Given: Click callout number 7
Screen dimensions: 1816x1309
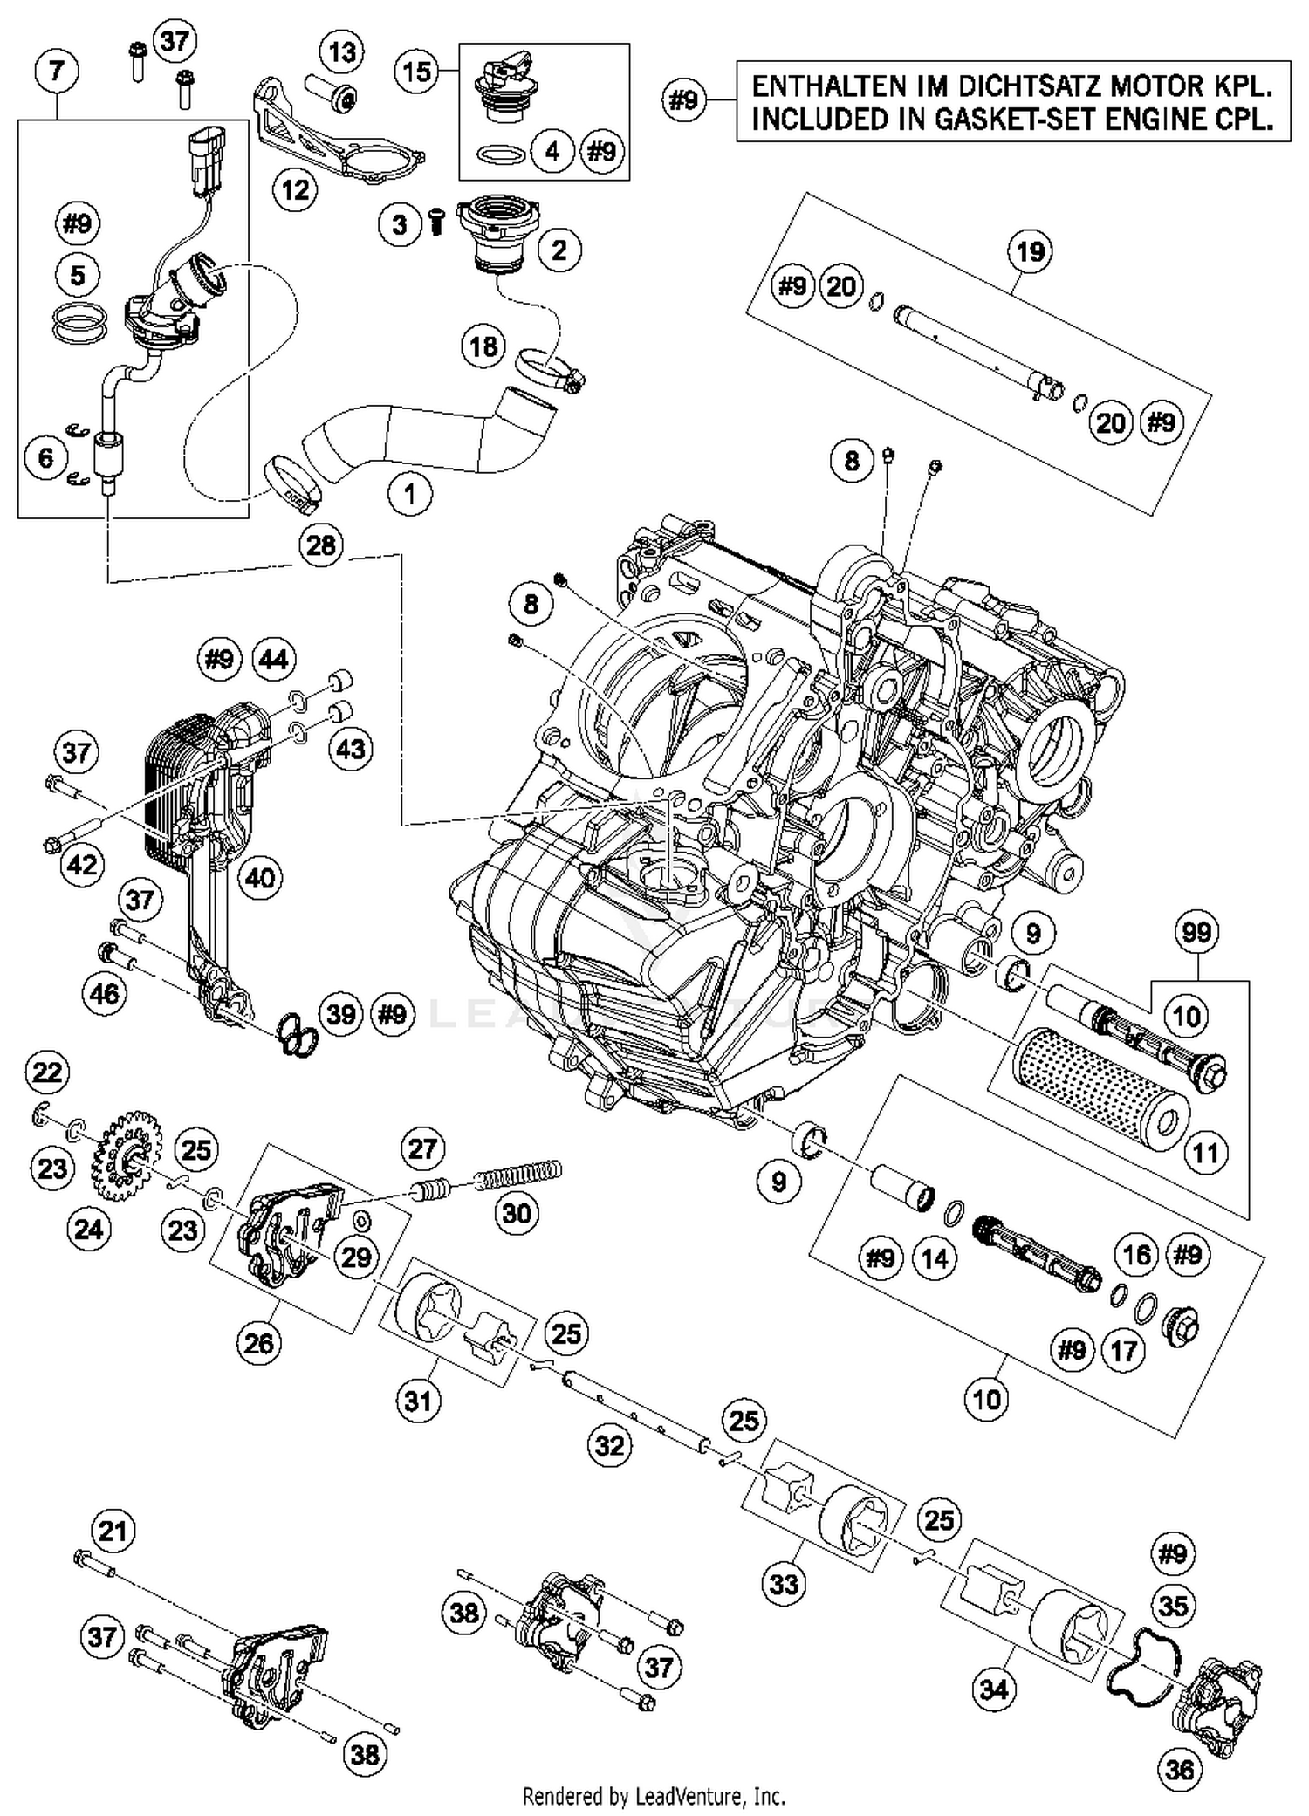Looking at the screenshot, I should (x=57, y=71).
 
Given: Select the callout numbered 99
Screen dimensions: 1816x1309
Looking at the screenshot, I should (x=1196, y=932).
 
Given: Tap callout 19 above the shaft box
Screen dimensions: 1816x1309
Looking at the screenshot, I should (x=1031, y=252).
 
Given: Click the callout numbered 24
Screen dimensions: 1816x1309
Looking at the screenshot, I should (x=89, y=1230).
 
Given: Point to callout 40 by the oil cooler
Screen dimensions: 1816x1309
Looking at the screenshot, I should (x=260, y=877).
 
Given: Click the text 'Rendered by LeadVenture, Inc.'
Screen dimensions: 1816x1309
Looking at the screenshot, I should (x=654, y=1797).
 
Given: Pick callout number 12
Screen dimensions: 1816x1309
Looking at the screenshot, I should (x=295, y=188).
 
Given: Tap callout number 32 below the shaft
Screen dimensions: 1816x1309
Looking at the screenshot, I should (x=610, y=1446).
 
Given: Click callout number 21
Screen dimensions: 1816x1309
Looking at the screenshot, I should (x=113, y=1531).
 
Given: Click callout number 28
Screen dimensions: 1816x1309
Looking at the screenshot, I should (x=321, y=545).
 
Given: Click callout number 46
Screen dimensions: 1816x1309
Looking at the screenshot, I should (x=106, y=993).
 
